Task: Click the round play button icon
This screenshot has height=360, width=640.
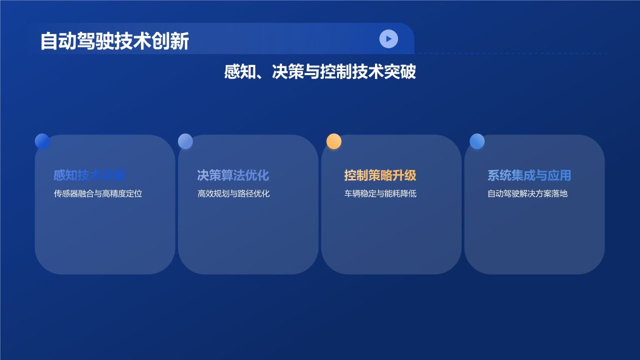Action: [x=388, y=38]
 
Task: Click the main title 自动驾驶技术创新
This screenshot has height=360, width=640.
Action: [x=114, y=41]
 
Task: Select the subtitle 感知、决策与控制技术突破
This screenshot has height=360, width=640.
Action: [x=320, y=72]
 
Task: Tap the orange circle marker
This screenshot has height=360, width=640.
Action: [x=334, y=141]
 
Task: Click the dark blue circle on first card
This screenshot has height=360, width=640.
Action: [x=42, y=141]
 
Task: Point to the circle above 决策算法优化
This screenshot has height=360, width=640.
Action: [x=185, y=141]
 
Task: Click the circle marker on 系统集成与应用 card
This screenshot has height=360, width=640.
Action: [x=477, y=141]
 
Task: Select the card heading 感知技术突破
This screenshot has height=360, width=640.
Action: [x=89, y=175]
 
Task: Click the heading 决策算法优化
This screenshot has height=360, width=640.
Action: [x=233, y=175]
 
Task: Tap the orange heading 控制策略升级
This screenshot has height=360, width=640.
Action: [x=380, y=175]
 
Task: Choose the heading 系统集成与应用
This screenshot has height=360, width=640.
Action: [x=529, y=175]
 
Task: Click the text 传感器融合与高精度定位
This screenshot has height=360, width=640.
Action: [x=98, y=193]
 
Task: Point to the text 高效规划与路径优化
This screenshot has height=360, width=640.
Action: [x=233, y=193]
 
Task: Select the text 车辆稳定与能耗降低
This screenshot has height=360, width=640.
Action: [x=380, y=193]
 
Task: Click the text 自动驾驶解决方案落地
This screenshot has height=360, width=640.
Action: [x=527, y=193]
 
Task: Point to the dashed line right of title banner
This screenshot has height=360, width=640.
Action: [x=510, y=53]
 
